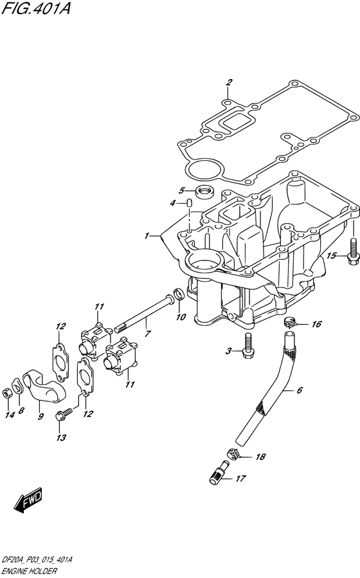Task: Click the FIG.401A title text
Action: [x=36, y=8]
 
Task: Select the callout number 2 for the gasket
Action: [x=229, y=82]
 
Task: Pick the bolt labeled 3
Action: [x=248, y=346]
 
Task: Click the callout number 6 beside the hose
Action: [x=300, y=390]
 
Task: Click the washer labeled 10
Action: [x=178, y=294]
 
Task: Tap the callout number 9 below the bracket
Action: [x=40, y=417]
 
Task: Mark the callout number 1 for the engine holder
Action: [x=147, y=235]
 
